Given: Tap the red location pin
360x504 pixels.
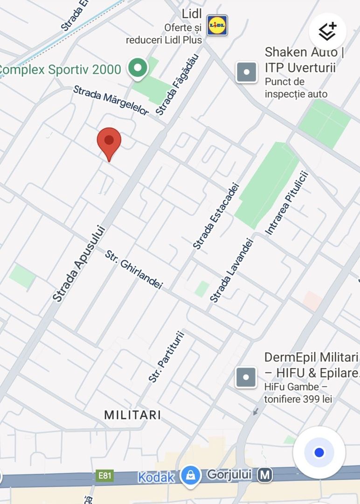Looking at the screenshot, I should (x=109, y=141).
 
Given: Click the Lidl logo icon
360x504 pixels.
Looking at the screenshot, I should (x=217, y=25).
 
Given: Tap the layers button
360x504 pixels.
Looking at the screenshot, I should (x=327, y=31).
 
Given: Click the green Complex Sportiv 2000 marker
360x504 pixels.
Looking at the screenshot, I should (x=138, y=68).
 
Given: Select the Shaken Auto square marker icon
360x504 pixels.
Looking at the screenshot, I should (x=247, y=72).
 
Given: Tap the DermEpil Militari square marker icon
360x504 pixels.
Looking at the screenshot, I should (x=246, y=377).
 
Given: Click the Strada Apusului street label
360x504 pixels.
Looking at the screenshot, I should (x=79, y=264).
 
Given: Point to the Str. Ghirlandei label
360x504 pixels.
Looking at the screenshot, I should (x=134, y=270).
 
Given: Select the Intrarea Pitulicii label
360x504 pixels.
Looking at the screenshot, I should (x=287, y=203).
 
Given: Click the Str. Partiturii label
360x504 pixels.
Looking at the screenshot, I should (x=166, y=357).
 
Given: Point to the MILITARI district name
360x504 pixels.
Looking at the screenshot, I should (x=132, y=415).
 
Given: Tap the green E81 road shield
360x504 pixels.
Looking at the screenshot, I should (x=105, y=476).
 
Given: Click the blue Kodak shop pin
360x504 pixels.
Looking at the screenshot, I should (x=190, y=476).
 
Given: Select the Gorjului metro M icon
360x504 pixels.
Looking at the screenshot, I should (x=265, y=475).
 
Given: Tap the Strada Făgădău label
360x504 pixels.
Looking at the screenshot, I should (x=177, y=84).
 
